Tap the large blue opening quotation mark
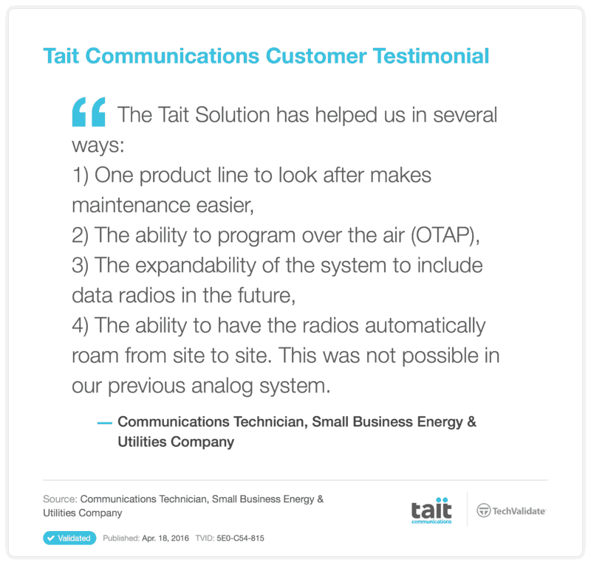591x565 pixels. point(89,111)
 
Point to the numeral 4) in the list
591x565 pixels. point(81,325)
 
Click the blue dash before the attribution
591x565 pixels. point(104,423)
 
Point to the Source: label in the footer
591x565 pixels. point(60,499)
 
